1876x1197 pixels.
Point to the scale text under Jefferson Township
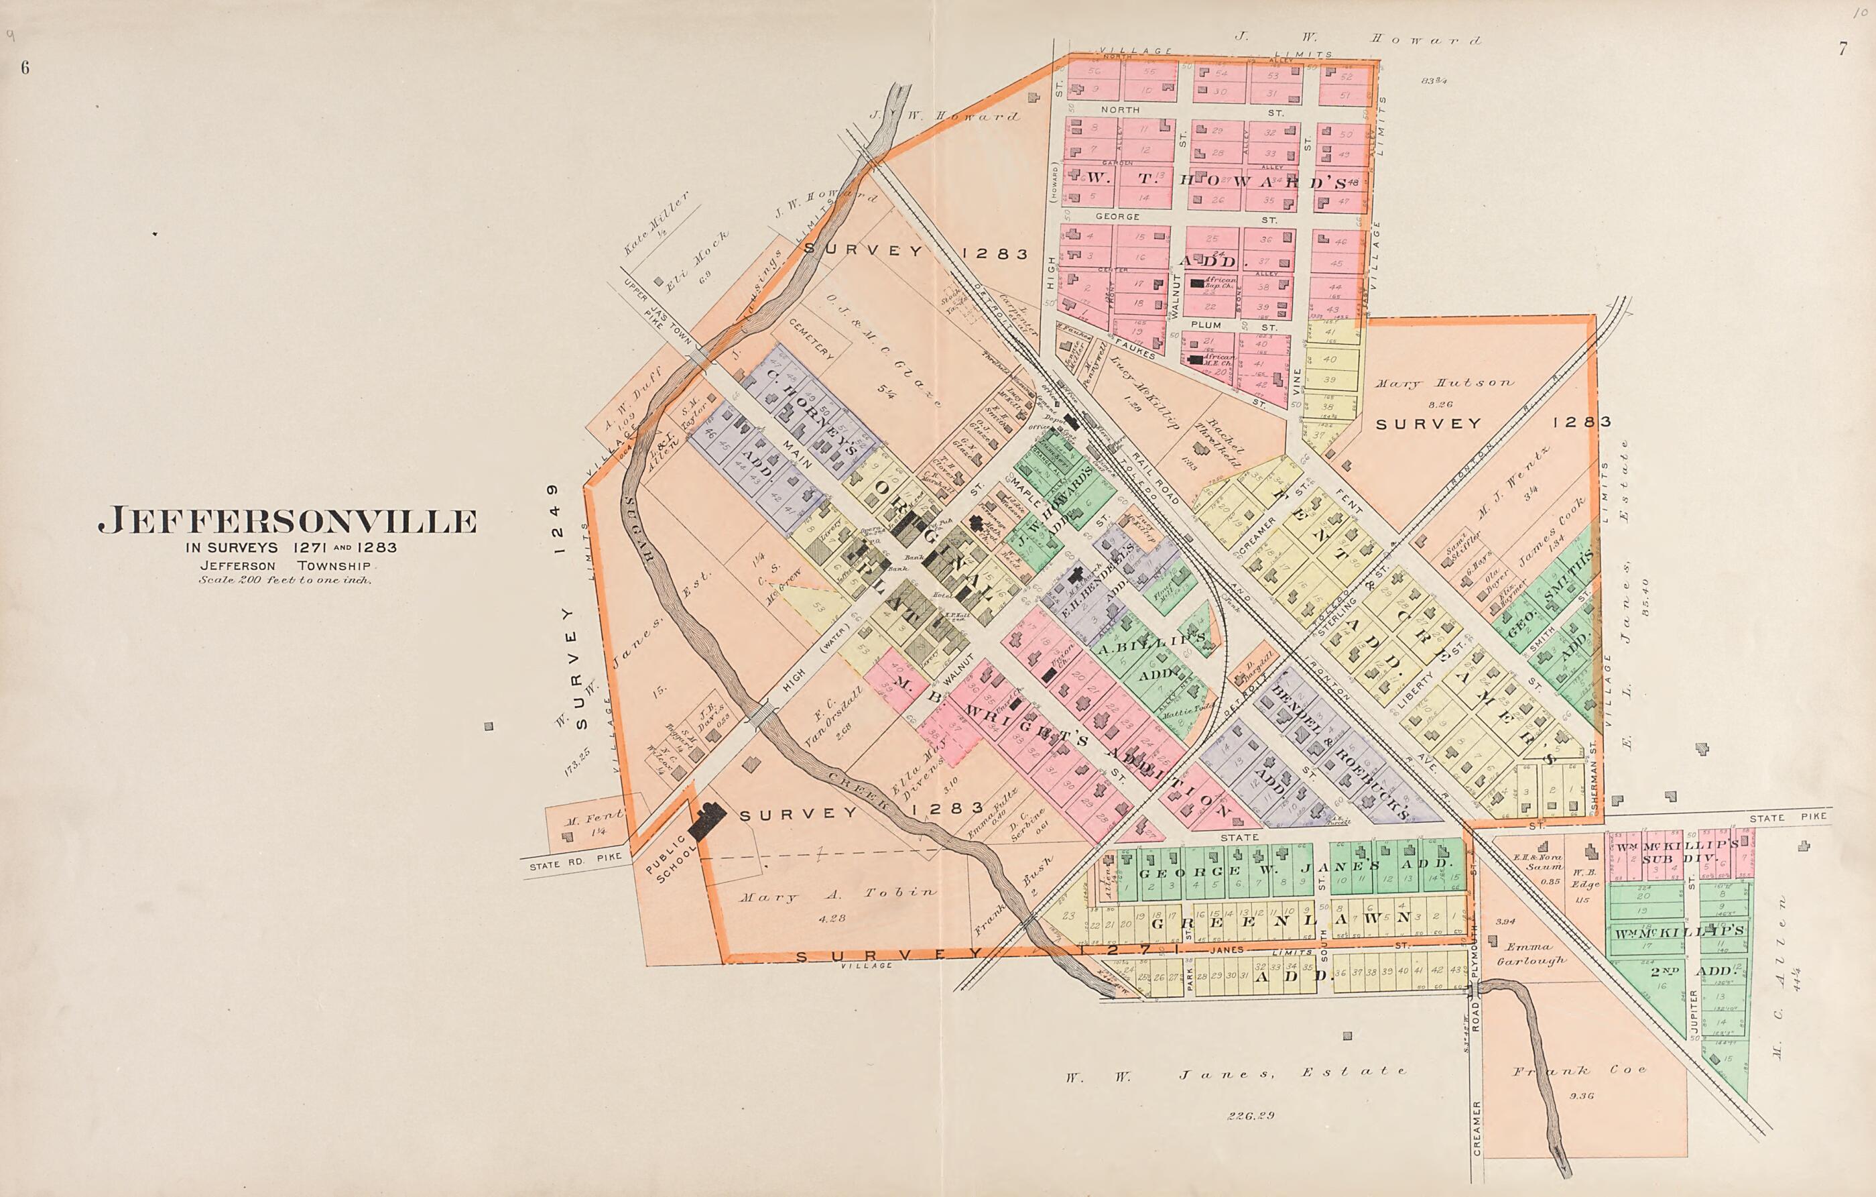[286, 580]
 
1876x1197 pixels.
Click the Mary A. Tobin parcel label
[838, 895]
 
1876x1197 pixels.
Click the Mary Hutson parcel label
[1444, 384]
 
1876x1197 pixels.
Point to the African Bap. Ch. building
[1196, 284]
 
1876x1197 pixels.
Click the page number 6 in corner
[25, 68]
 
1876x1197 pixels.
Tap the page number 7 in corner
[1842, 48]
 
